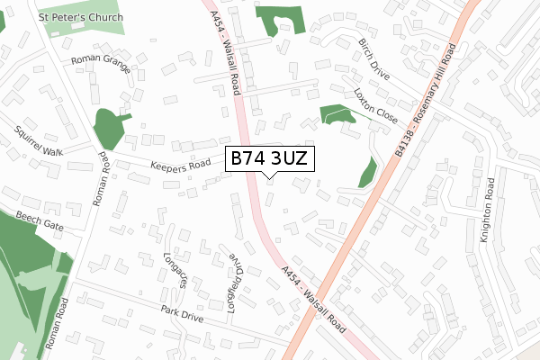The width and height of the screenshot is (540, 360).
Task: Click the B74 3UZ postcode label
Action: pyautogui.click(x=270, y=158)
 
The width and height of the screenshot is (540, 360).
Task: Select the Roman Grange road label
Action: pyautogui.click(x=102, y=64)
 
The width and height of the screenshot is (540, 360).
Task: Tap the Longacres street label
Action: pyautogui.click(x=175, y=269)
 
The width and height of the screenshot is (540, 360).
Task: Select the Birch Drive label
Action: pyautogui.click(x=373, y=59)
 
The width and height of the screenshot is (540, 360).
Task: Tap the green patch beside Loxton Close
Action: pyautogui.click(x=337, y=114)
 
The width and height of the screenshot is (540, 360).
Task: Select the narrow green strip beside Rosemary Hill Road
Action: pyautogui.click(x=368, y=172)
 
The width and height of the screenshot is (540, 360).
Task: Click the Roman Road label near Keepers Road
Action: pyautogui.click(x=102, y=178)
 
